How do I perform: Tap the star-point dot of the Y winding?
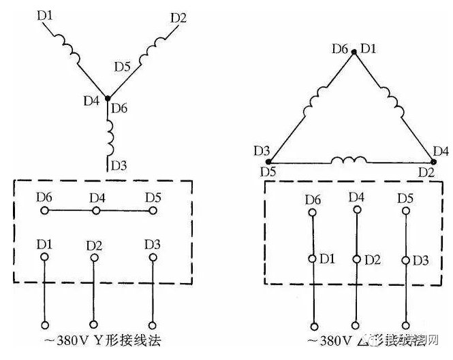coord(107,99)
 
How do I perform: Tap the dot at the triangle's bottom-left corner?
coord(268,161)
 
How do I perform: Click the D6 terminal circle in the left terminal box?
coord(45,211)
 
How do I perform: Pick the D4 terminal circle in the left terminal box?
coord(97,211)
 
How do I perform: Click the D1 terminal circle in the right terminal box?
coord(313,259)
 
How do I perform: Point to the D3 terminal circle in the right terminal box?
coord(407,259)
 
